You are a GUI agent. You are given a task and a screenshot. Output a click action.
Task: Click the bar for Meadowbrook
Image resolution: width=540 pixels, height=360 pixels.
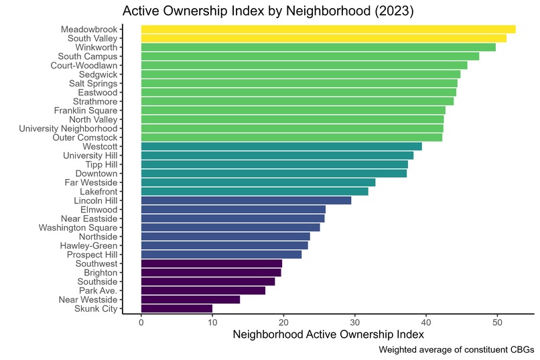click(x=328, y=29)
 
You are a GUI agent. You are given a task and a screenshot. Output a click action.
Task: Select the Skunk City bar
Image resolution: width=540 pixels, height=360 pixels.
click(x=177, y=308)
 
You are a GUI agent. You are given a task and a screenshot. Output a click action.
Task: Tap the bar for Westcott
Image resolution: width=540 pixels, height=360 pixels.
click(x=281, y=146)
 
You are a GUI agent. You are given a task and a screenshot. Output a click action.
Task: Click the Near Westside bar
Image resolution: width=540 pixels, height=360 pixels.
click(x=190, y=300)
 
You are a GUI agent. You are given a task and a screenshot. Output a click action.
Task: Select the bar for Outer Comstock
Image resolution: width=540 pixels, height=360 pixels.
click(x=291, y=137)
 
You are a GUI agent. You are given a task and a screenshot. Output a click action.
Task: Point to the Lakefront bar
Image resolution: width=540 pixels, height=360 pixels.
click(x=255, y=191)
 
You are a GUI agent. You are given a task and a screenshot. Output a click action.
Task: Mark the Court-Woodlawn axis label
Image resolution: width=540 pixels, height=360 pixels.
click(x=84, y=65)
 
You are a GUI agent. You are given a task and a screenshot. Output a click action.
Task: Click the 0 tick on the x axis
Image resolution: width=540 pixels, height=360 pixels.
click(x=141, y=322)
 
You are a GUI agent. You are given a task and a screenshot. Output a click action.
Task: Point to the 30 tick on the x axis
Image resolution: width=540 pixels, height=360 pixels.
click(x=355, y=322)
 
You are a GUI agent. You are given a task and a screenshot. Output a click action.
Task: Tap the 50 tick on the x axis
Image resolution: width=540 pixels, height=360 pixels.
click(x=497, y=322)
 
